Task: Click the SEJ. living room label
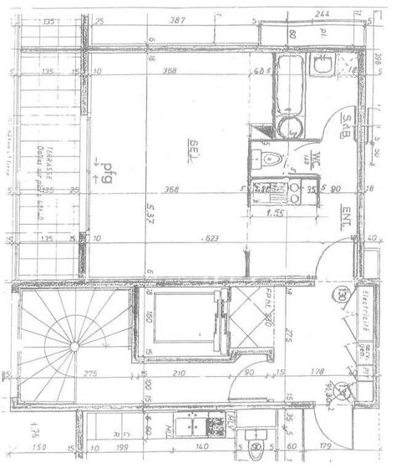tap(193, 145)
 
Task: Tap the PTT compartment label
tap(364, 368)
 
